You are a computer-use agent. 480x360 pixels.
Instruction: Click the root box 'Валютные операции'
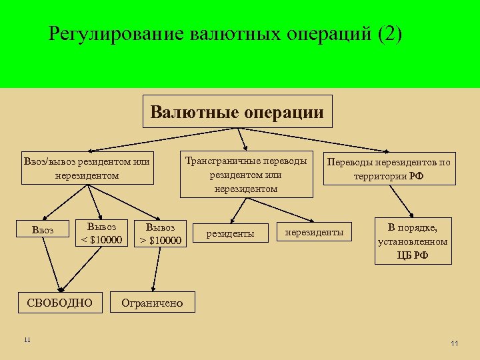pos(238,112)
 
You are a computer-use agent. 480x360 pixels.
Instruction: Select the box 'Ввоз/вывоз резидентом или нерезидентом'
pos(87,168)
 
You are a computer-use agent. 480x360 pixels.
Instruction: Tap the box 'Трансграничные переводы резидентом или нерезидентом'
pos(246,175)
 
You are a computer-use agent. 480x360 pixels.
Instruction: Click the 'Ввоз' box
pos(42,231)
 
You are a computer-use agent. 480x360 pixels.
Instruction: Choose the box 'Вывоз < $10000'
pos(101,233)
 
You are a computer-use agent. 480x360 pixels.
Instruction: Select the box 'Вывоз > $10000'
pos(160,233)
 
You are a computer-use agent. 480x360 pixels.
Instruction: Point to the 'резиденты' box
pos(230,233)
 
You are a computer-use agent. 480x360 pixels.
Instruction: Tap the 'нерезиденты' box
pos(314,232)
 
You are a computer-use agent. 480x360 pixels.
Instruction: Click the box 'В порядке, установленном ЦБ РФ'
pos(413,241)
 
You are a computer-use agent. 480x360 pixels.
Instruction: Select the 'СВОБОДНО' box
pos(60,303)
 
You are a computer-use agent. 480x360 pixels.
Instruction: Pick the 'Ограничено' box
pos(152,303)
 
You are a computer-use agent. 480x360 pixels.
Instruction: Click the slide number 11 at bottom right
pos(455,343)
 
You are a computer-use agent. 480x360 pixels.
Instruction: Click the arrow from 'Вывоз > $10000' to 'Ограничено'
pos(156,269)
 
